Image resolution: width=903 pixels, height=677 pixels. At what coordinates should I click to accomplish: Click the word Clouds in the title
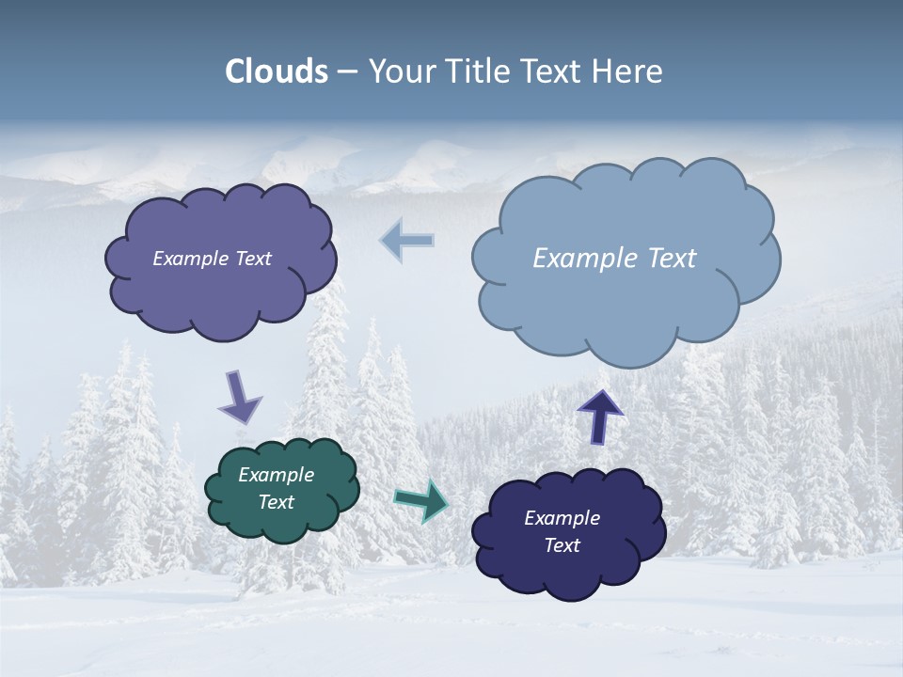[277, 71]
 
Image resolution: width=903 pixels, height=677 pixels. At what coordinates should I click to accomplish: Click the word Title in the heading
[479, 71]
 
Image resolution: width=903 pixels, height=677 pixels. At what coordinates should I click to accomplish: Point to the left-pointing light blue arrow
[407, 240]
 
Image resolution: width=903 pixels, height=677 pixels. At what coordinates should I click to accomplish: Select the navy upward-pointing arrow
[599, 416]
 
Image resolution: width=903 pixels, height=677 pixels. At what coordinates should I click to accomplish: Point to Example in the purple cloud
[188, 259]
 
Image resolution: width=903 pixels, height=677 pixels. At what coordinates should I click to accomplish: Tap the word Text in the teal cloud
[277, 502]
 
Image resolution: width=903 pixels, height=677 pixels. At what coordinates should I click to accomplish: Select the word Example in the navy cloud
[562, 518]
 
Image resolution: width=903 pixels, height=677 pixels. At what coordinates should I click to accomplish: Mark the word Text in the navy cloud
[562, 545]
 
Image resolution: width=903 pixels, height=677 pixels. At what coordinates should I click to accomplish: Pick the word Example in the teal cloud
[277, 476]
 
